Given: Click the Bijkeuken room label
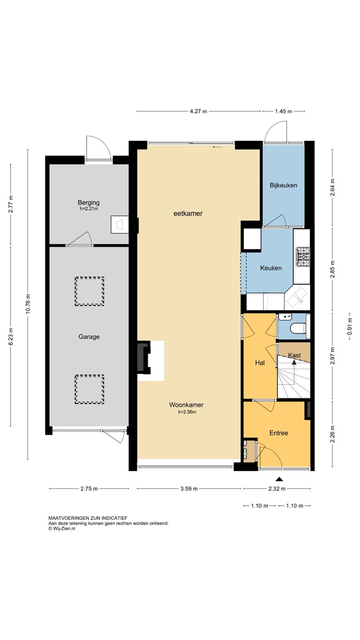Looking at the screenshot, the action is click(283, 185).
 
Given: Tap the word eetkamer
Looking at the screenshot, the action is click(188, 213).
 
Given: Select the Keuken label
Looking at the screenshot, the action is click(271, 268).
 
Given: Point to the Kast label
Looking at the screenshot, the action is click(294, 355).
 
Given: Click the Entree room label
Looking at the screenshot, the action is click(279, 433).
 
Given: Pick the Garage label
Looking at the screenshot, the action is click(89, 336).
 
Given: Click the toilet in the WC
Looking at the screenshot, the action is click(298, 328).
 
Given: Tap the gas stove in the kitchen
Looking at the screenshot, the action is click(303, 257).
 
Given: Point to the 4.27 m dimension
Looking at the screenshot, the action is click(198, 112).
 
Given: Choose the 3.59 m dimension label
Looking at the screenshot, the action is click(189, 488).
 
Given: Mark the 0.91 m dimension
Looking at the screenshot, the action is click(349, 326).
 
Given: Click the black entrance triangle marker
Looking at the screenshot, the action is click(279, 479).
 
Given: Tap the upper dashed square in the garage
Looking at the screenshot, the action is click(89, 291).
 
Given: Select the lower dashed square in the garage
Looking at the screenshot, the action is click(89, 389).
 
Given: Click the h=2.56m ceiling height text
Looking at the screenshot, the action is click(187, 412).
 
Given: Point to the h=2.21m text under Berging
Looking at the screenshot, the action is click(89, 209).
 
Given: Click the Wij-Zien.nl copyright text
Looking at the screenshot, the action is click(62, 528).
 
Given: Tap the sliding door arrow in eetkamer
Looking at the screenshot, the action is click(217, 147).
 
